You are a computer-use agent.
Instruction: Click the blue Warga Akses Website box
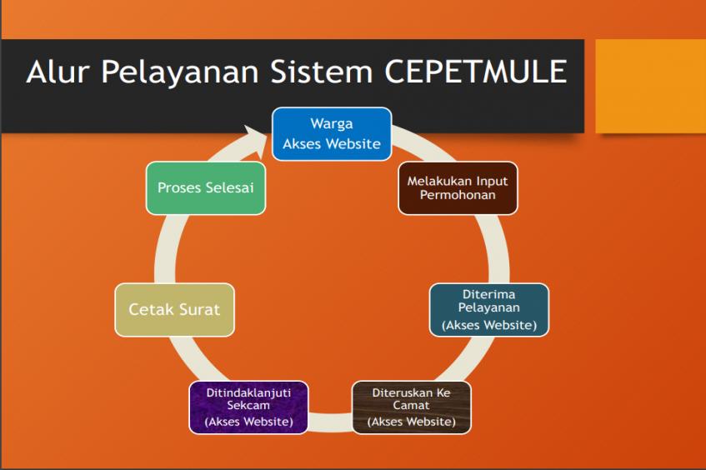[x=332, y=133]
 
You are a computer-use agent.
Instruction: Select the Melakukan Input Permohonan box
[x=458, y=188]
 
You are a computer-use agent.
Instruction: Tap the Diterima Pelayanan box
[x=489, y=310]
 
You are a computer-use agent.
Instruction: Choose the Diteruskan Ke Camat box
[x=412, y=407]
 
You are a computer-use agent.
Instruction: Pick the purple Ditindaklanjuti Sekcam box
[x=248, y=407]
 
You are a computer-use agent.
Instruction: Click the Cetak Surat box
[x=175, y=310]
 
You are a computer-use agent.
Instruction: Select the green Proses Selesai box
[x=206, y=188]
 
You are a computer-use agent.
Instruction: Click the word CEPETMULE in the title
[x=475, y=71]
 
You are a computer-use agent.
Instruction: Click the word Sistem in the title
[x=322, y=71]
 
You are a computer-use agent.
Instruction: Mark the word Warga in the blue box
[x=332, y=124]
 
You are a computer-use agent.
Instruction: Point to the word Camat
[x=411, y=405]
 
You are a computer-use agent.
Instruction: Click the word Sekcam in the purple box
[x=248, y=405]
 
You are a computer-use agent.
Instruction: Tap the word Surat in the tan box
[x=202, y=310]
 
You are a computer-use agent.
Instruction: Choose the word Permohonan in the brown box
[x=458, y=195]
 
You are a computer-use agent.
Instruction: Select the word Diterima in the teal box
[x=489, y=294]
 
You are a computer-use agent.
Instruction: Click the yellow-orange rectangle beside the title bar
[x=651, y=87]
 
